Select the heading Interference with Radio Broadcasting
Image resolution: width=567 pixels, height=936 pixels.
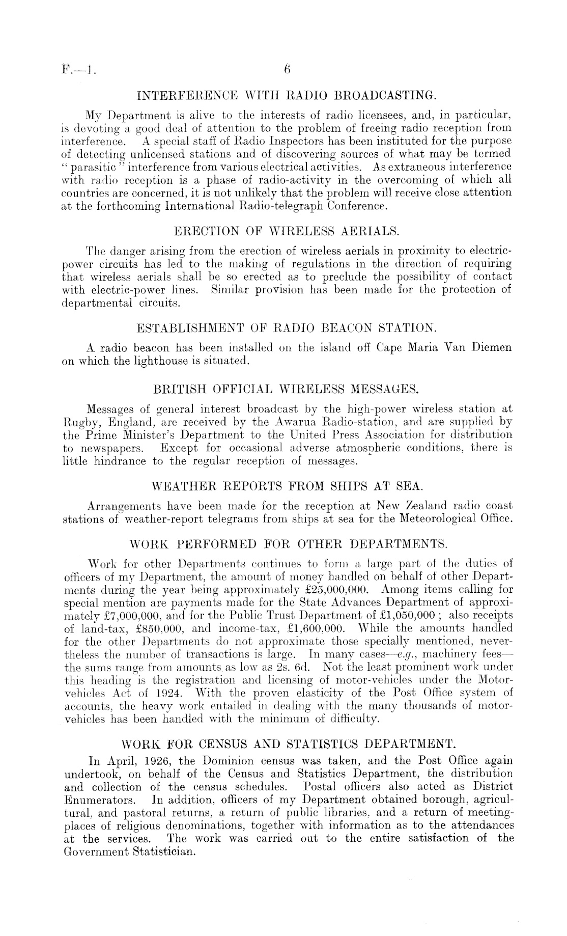tap(287, 95)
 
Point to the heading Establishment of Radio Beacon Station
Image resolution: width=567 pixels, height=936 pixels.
tap(287, 326)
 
